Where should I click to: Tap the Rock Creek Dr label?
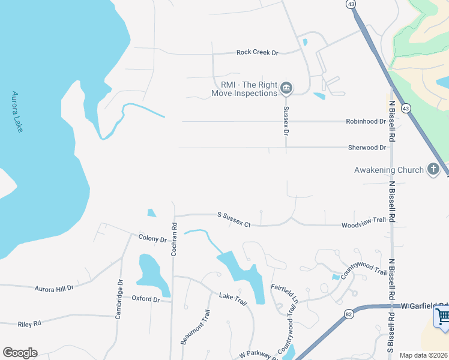258,53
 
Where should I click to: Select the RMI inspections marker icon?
286,89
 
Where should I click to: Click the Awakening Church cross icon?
433,170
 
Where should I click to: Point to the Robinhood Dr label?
366,121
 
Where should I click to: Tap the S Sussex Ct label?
234,220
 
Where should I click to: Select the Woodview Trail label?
363,221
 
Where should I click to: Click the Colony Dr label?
152,239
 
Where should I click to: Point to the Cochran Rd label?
173,241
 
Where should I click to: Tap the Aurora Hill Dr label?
53,289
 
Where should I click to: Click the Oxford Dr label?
146,299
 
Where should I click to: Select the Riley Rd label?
29,323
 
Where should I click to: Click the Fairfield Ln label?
285,292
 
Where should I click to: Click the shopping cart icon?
442,316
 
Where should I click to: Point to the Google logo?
20,353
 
